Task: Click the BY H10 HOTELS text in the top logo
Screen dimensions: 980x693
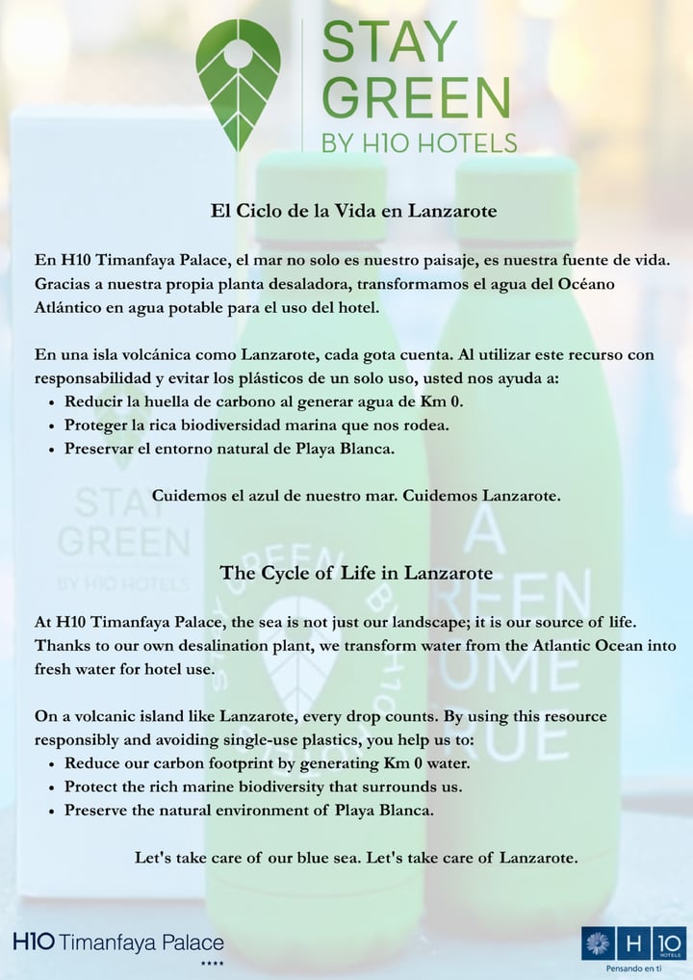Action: (x=419, y=143)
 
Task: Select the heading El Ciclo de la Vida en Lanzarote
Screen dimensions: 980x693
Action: (x=353, y=211)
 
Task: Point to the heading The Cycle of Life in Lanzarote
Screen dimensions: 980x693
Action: (x=356, y=573)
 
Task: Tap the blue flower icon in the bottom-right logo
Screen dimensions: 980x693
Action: (x=597, y=942)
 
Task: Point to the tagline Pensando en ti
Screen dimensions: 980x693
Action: (x=633, y=967)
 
